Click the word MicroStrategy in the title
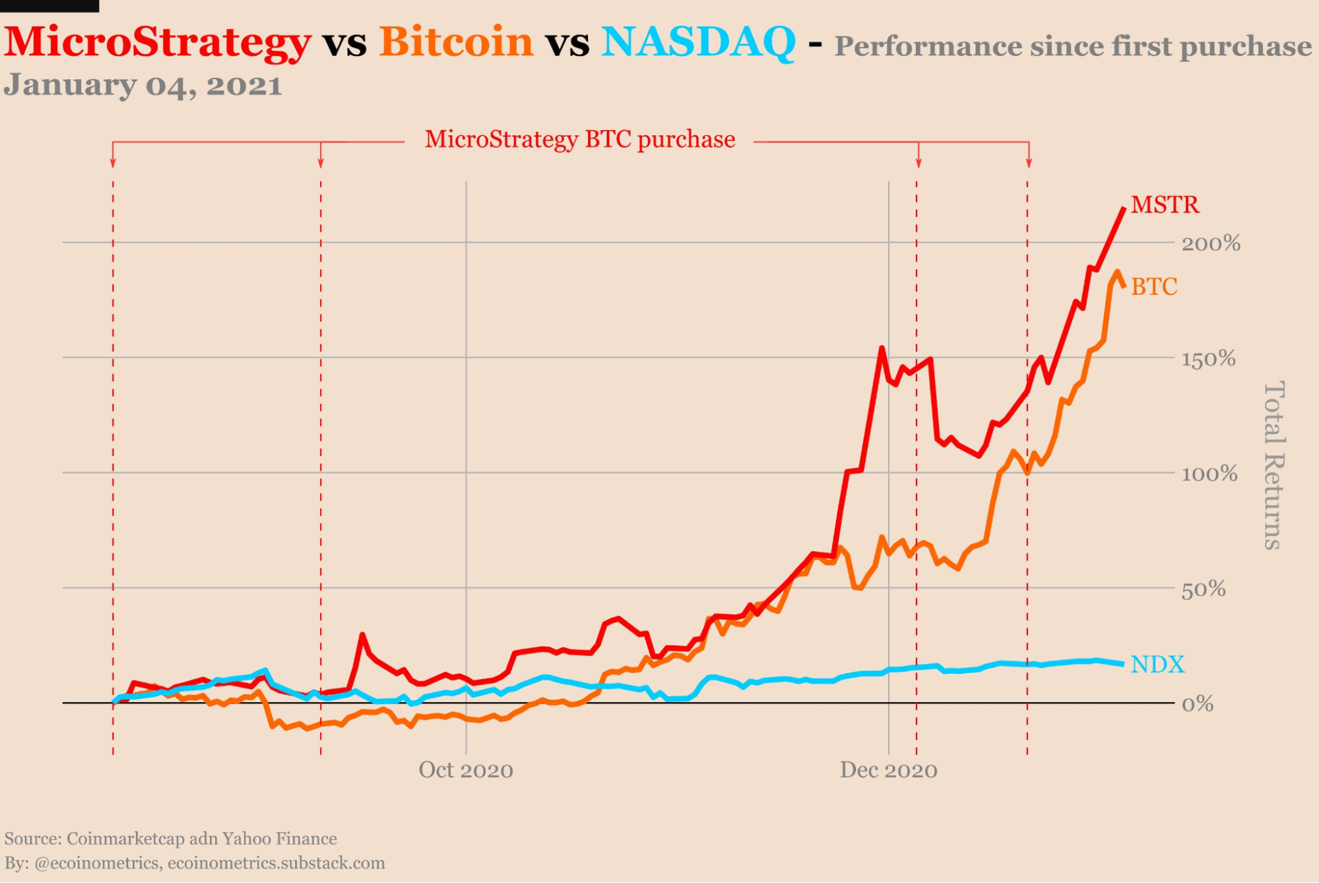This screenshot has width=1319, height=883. [157, 42]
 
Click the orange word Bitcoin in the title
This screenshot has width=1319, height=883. [456, 42]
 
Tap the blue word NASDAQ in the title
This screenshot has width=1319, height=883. [698, 42]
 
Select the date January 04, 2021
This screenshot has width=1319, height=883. [143, 86]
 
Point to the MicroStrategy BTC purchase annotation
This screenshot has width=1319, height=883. [579, 140]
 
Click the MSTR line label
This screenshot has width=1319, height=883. [1165, 205]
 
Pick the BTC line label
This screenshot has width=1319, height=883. [1154, 286]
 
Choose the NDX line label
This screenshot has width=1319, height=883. [1157, 664]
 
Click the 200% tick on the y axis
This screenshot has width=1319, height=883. [1211, 244]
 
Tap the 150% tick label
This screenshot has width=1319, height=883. [1208, 359]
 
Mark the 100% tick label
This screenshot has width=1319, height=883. [1209, 474]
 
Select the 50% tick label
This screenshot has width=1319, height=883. [1204, 589]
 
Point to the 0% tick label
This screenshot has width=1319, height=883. [1198, 704]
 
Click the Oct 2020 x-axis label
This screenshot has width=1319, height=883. [466, 770]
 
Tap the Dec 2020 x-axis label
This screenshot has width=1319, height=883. [888, 770]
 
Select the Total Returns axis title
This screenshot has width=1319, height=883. [1273, 465]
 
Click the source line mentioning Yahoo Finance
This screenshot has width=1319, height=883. [170, 839]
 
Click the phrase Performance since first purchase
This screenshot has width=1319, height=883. [1073, 46]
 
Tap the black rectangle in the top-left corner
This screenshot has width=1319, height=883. [49, 5]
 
